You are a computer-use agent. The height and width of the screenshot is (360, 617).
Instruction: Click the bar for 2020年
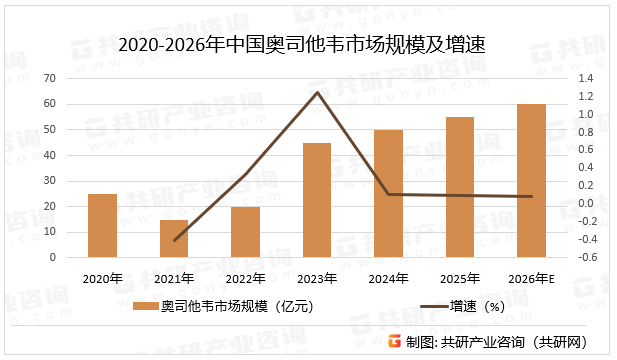click(102, 225)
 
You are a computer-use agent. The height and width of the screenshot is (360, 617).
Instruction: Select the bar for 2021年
click(173, 238)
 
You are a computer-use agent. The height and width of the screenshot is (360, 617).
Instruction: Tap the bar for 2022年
click(245, 232)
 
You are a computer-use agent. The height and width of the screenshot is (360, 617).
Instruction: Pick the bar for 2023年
click(317, 200)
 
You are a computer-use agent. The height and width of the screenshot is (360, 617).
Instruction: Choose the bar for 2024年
click(388, 193)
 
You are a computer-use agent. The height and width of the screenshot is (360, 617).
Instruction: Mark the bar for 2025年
click(460, 187)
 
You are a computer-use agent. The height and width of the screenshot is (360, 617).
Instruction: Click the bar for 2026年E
click(531, 180)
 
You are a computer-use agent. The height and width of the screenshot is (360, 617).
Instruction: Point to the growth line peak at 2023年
click(317, 92)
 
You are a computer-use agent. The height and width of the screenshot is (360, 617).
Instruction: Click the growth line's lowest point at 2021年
click(174, 240)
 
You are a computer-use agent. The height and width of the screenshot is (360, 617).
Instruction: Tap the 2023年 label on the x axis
click(317, 278)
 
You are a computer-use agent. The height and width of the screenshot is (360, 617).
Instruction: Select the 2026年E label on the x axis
click(532, 278)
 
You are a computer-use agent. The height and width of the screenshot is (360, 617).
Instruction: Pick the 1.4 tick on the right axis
click(585, 78)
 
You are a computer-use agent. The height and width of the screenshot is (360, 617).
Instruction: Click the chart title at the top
click(308, 45)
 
